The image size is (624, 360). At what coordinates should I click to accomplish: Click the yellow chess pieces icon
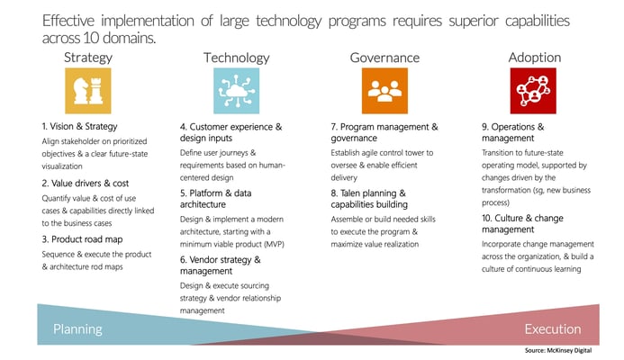88,91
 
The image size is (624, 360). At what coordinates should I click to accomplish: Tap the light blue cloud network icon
237,91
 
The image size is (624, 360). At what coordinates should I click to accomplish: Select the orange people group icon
384,91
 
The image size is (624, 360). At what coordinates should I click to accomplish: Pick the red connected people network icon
533,91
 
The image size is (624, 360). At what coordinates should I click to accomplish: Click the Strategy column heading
88,58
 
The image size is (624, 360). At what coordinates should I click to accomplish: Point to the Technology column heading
237,58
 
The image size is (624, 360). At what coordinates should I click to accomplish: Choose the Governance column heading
384,58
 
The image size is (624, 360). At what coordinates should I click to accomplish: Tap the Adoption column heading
535,58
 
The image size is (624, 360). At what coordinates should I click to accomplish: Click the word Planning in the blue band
78,329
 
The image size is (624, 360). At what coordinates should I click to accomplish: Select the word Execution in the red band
553,329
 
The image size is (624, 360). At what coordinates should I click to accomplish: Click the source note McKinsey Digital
558,350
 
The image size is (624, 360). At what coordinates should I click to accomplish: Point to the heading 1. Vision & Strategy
79,127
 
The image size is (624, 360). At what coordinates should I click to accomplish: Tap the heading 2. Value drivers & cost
86,184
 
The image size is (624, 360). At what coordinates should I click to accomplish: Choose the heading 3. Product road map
82,239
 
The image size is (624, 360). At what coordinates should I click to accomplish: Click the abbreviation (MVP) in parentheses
275,244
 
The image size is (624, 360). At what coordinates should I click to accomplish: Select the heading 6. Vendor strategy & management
221,265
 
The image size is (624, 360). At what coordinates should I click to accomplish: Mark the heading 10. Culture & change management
522,223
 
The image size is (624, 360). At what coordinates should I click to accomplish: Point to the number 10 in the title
89,38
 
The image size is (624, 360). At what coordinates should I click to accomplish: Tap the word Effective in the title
68,21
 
